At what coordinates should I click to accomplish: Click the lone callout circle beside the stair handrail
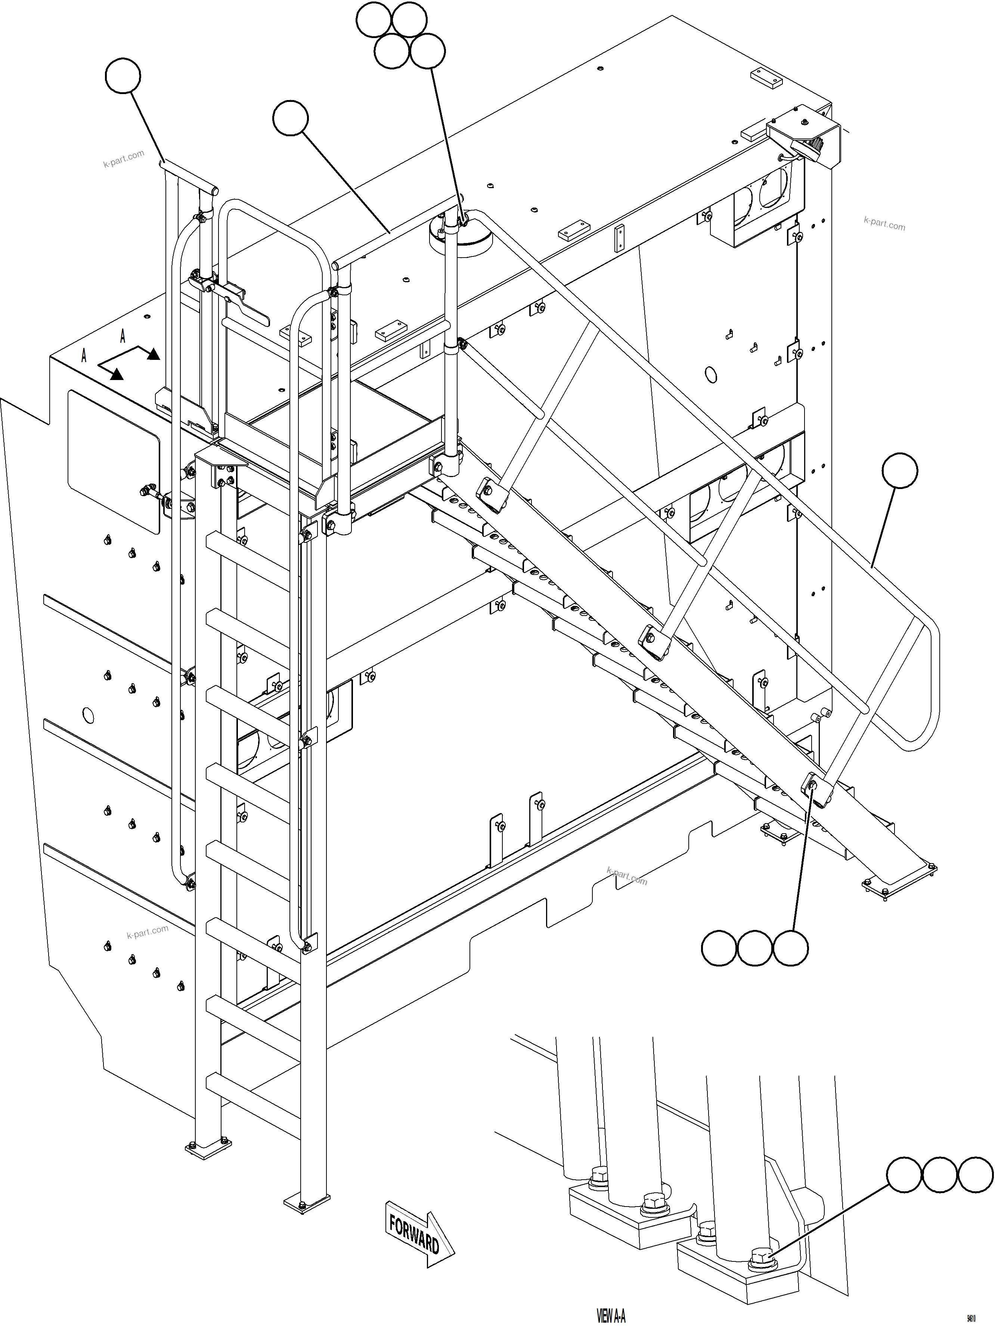tap(900, 471)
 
